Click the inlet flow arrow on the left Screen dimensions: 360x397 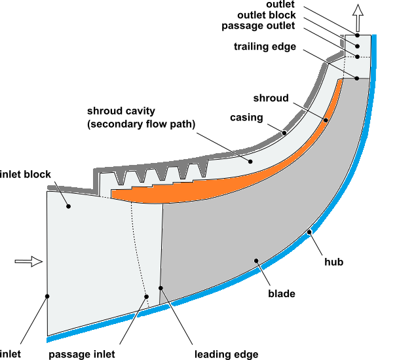pyautogui.click(x=28, y=262)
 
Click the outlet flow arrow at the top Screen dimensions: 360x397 pyautogui.click(x=357, y=12)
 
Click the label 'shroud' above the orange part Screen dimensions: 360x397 pyautogui.click(x=271, y=98)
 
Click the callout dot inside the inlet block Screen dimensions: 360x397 pyautogui.click(x=68, y=206)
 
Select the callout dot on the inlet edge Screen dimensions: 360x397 pyautogui.click(x=48, y=297)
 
